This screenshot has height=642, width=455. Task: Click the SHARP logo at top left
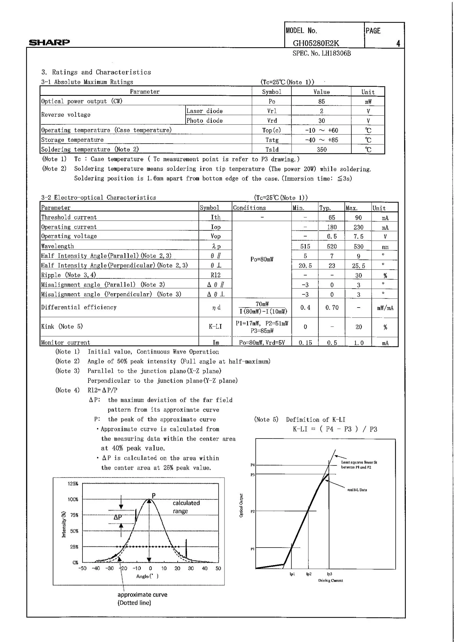pos(49,43)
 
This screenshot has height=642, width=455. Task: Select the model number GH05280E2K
pos(316,43)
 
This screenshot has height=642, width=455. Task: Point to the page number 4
pos(398,43)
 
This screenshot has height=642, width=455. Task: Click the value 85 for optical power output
pos(321,102)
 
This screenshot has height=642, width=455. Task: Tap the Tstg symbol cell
pos(272,140)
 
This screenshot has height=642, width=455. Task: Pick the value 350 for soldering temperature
pos(322,149)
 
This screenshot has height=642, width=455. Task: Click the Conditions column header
pos(249,208)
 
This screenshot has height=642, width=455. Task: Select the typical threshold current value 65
pos(332,217)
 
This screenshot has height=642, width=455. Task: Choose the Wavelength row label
pos(58,246)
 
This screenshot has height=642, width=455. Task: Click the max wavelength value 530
pos(358,247)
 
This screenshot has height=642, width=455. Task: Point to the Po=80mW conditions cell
pos(262,259)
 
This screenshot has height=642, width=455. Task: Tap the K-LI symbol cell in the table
pos(215,326)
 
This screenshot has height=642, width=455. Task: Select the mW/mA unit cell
pos(385,308)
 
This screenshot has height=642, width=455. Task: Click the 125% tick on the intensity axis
pos(73,484)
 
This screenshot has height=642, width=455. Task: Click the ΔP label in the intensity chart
pos(118,517)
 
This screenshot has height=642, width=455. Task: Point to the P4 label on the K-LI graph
pos(253,465)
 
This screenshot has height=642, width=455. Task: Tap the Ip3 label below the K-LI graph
pos(329,574)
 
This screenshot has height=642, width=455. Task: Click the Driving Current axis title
pos(330,580)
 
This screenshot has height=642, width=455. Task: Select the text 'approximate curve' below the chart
pos(142,595)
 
